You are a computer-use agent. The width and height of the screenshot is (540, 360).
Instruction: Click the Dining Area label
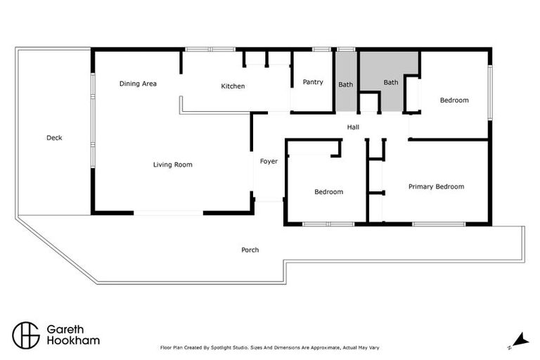138,84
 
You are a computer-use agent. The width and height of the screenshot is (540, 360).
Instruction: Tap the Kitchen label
233,86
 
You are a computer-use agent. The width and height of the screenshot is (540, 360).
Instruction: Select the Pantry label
313,82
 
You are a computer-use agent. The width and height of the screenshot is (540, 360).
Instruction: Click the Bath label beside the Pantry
345,85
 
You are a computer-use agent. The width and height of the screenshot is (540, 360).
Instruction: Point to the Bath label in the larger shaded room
390,82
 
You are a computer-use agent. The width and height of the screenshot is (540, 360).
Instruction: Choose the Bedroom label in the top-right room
454,101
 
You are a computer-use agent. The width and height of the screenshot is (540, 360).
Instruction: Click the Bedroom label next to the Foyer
328,192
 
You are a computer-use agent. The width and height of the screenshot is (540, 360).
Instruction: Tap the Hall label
353,127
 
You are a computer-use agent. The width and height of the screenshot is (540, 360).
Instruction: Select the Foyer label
269,162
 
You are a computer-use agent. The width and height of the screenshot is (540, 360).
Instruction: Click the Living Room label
173,165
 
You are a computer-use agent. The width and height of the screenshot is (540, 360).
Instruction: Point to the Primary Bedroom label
437,187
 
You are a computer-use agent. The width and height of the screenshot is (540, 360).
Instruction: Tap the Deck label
54,138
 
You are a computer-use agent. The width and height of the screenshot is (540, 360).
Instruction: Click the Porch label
250,250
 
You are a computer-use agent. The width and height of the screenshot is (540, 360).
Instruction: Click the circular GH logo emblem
26,335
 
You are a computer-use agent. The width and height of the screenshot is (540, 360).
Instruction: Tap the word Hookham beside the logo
73,340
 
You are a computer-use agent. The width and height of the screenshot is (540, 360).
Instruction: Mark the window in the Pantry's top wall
322,49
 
